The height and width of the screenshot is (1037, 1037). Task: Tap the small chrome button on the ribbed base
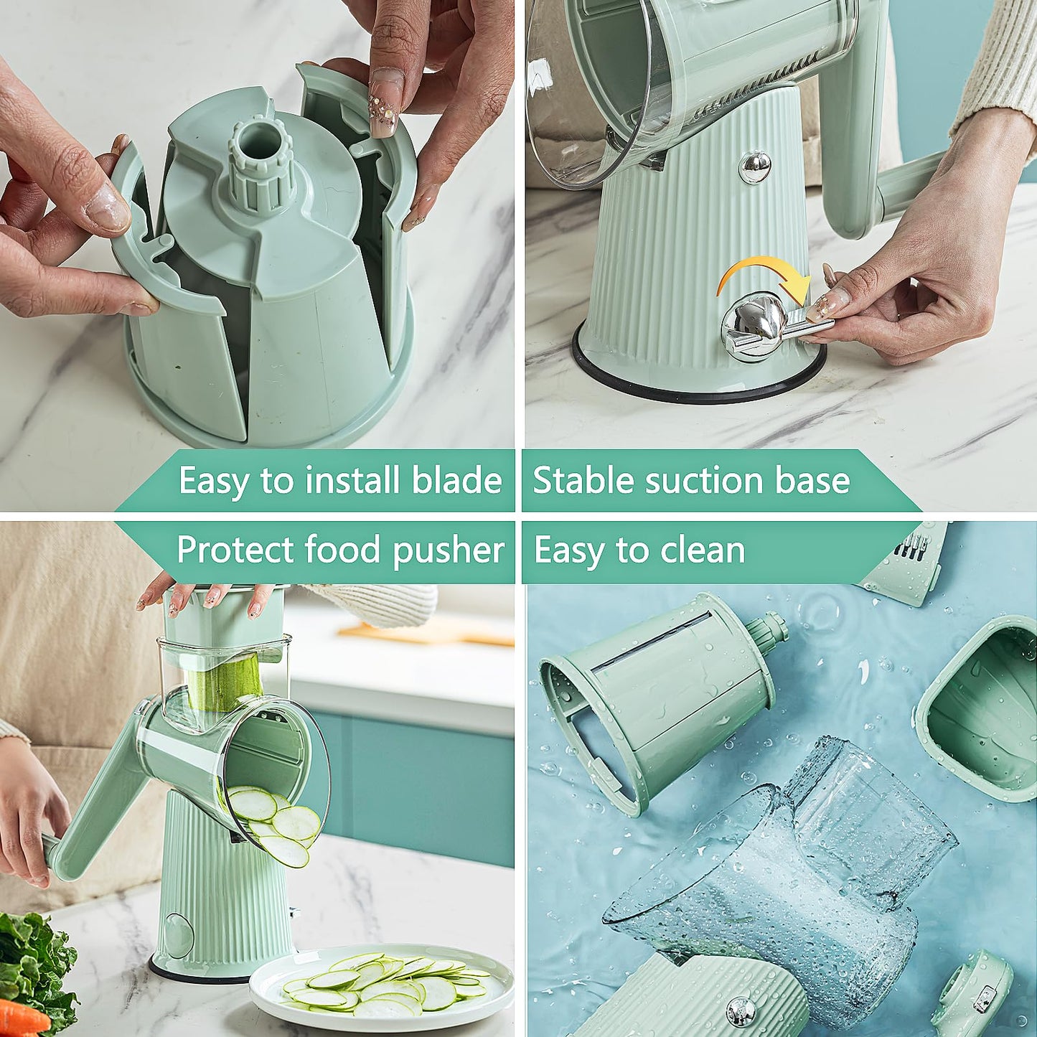pos(755,166)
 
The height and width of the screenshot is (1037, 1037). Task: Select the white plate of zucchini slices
pos(380,987)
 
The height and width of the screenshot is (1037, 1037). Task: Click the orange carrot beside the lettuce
pos(22,1015)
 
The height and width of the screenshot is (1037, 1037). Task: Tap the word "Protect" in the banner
pos(236,551)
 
